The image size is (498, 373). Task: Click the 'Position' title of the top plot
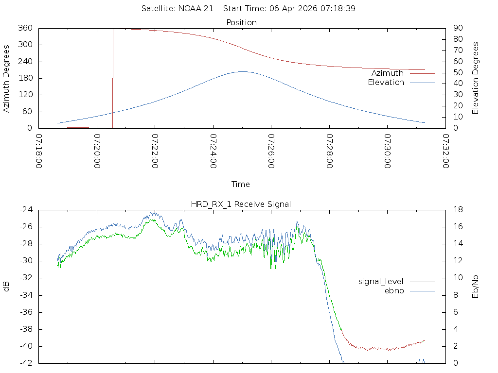[x=241, y=22]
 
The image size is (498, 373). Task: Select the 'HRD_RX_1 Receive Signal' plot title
[x=241, y=204]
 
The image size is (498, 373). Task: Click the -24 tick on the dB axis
[x=26, y=210]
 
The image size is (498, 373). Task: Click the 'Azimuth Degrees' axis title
[x=6, y=78]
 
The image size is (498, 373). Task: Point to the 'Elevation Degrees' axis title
[x=476, y=78]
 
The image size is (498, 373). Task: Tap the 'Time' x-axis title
[x=241, y=184]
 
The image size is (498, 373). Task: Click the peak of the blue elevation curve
[x=242, y=71]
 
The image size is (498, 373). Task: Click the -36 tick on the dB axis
[x=26, y=312]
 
